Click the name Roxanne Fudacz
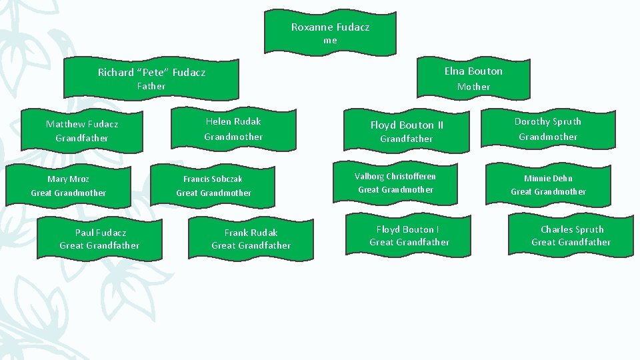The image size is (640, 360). pos(330,27)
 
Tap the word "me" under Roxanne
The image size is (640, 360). pos(330,41)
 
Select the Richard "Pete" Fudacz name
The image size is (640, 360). pos(151,72)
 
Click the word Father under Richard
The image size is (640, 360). pos(151,86)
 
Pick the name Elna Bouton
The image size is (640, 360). pos(473,71)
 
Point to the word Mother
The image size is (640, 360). pos(473,87)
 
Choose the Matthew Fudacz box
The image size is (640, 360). pos(82,131)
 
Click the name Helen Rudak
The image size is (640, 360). pos(233,121)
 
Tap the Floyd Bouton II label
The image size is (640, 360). pos(407,125)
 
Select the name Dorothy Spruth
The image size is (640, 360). pos(548,121)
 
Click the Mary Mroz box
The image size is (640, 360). pos(69,186)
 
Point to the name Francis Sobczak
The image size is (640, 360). pos(213,179)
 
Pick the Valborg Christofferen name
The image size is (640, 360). pos(395,176)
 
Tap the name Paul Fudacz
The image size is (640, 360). pos(100,233)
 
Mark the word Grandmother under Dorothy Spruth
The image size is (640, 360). pos(548,137)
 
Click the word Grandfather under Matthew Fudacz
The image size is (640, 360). pos(82,138)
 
